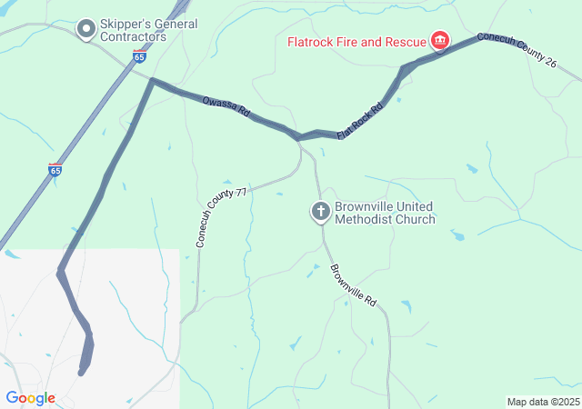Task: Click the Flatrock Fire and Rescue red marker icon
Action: click(x=440, y=40)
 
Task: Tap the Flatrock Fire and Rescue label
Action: click(x=357, y=42)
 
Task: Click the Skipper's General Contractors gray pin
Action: click(x=86, y=30)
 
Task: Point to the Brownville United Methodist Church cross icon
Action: click(x=320, y=212)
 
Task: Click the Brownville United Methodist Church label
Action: click(x=385, y=213)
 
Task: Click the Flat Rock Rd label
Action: click(x=360, y=122)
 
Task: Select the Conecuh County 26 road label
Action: click(x=525, y=54)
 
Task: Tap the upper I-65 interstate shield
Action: click(x=138, y=56)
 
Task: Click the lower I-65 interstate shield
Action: click(x=55, y=170)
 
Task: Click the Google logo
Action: click(x=30, y=398)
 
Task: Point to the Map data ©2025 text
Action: click(x=542, y=402)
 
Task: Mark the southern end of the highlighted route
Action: click(x=83, y=371)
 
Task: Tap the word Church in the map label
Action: click(x=414, y=219)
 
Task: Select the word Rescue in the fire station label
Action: click(x=406, y=42)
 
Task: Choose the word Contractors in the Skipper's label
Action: click(x=134, y=37)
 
